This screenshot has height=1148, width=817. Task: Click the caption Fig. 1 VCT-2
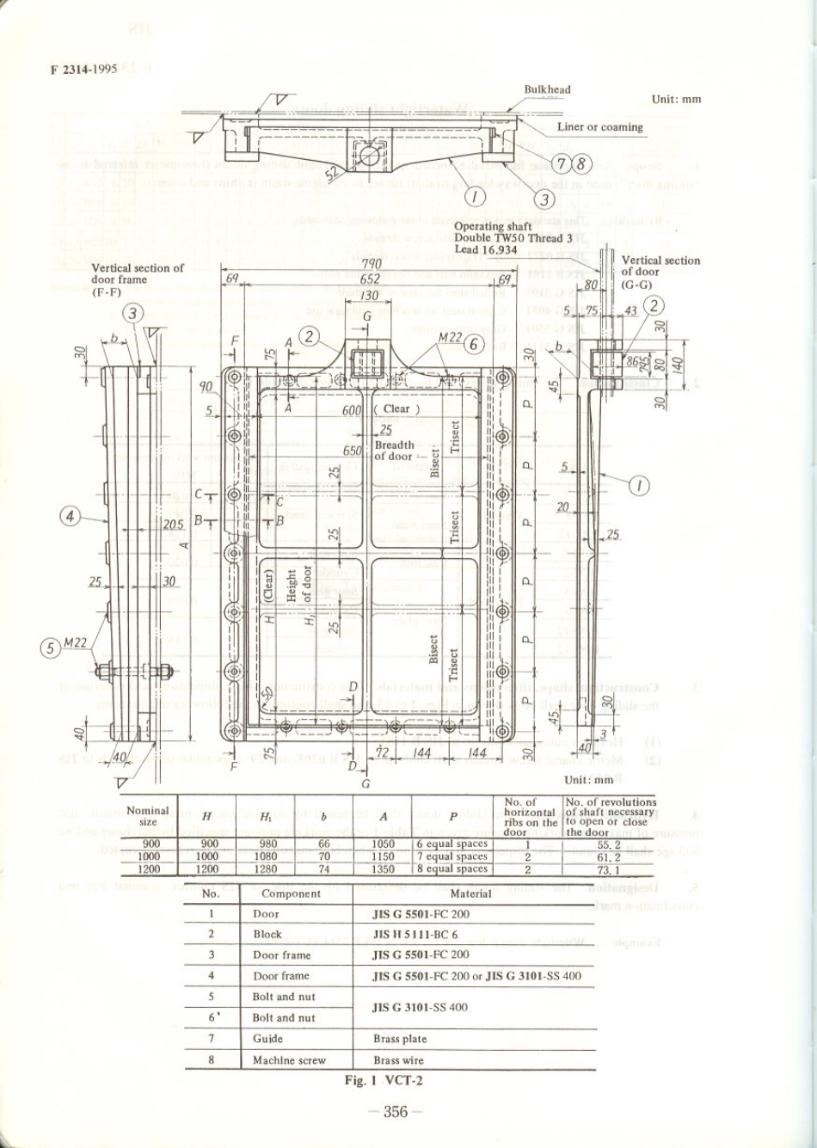(x=384, y=1080)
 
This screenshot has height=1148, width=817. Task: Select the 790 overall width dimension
(x=371, y=264)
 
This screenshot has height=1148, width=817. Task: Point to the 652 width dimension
(x=371, y=279)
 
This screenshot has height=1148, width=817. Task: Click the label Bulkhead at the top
(x=547, y=89)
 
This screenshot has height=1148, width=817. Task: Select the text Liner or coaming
(x=599, y=127)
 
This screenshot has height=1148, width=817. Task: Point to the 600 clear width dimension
(x=351, y=410)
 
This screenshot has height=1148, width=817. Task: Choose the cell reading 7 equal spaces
(x=452, y=856)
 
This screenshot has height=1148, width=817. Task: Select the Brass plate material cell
(x=400, y=1039)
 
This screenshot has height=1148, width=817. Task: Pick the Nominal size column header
(x=148, y=816)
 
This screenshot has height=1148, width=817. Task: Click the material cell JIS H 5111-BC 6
(x=421, y=934)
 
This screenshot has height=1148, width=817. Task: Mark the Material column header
(x=471, y=893)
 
